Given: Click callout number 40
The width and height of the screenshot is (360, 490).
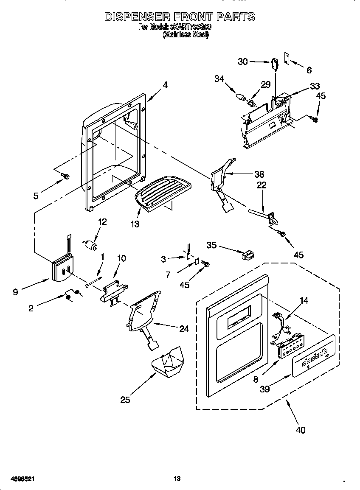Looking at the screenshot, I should [300, 430].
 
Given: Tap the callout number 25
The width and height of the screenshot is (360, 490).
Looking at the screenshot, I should [125, 399].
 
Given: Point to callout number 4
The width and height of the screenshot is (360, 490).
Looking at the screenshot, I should [165, 85].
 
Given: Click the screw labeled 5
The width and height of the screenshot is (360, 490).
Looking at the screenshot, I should [66, 175].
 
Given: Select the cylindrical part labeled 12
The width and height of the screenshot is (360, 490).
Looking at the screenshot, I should [90, 245].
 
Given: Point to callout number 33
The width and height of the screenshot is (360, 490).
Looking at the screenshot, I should [315, 86].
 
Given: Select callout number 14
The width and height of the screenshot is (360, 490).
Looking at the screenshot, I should [304, 300].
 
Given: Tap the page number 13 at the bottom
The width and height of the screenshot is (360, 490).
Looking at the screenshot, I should [177, 479].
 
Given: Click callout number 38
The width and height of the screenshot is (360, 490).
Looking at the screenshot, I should [259, 174].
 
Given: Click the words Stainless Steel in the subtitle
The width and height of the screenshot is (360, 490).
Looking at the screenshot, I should [186, 36].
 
